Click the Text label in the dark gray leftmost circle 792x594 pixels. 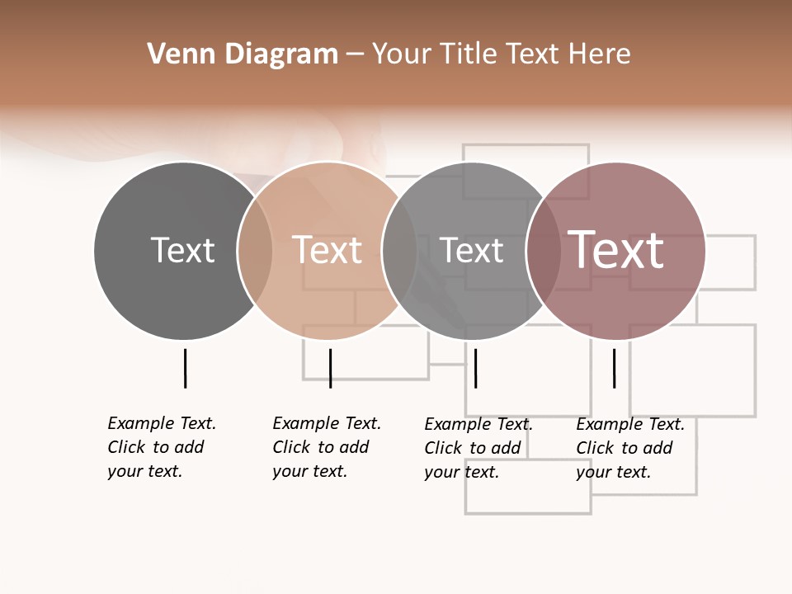pos(182,250)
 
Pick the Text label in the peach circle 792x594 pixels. pos(328,250)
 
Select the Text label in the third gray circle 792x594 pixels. pos(471,250)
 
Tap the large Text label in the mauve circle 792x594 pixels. pos(616,249)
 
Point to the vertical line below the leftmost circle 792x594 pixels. pos(185,368)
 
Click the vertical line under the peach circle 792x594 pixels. pos(330,368)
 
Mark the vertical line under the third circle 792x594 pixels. pos(475,368)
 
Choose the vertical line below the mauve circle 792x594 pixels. pos(614,368)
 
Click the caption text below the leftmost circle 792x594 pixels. pos(161,447)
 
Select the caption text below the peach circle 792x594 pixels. pos(326,447)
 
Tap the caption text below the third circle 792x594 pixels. pos(478,448)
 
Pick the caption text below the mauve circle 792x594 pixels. pos(629,448)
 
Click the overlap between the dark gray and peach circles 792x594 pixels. pos(255,250)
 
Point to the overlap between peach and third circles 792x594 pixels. pos(399,250)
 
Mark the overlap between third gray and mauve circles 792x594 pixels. pos(544,250)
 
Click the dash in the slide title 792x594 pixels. pos(355,54)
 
